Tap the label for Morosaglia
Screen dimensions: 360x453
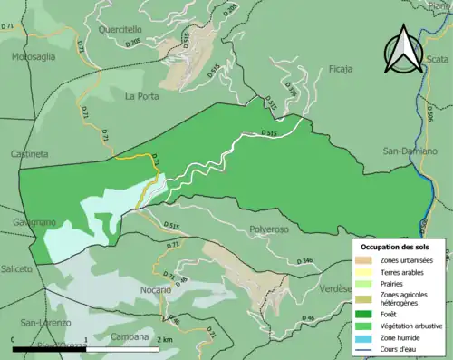33,56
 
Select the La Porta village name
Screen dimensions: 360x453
142,96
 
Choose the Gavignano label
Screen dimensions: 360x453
34,222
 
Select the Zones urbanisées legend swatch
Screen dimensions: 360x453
370,260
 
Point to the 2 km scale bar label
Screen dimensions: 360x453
163,339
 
